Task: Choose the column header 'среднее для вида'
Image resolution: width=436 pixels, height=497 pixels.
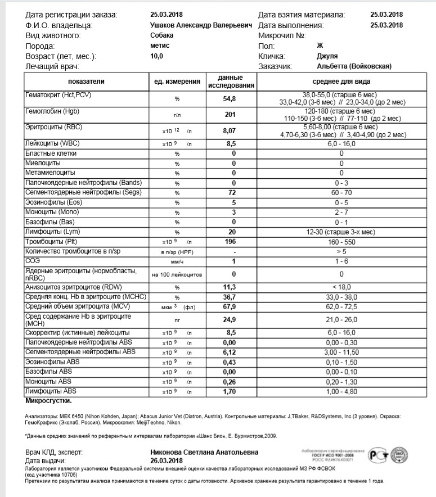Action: coord(341,82)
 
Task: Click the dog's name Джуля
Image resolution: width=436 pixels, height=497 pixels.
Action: coord(327,56)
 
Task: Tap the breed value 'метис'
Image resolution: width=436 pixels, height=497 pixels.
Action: coord(160,46)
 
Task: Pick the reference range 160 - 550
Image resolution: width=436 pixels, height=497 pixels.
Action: coord(341,242)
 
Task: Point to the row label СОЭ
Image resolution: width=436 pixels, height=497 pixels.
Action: coord(33,261)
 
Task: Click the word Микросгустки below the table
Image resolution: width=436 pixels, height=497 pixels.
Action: coord(48,401)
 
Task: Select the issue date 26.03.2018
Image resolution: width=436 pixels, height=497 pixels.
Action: coord(167,460)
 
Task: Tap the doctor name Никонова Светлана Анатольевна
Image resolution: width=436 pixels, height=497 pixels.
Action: coord(205,452)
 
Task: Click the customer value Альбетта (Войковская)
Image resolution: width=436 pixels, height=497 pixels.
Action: coord(354,66)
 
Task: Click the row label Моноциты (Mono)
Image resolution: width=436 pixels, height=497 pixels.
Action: coord(51,212)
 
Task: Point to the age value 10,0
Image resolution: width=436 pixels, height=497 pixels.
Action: coord(156,56)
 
